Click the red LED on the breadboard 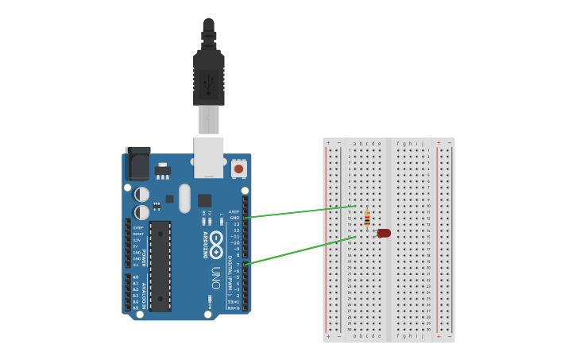point(384,233)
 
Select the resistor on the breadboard point(366,218)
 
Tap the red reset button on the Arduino point(238,168)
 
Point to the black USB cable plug point(209,75)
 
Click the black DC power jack point(137,164)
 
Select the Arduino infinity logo point(216,238)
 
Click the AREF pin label point(234,211)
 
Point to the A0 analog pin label point(135,277)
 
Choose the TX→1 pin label point(234,302)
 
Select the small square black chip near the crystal point(205,200)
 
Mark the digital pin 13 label point(235,224)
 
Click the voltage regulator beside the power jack point(163,170)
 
